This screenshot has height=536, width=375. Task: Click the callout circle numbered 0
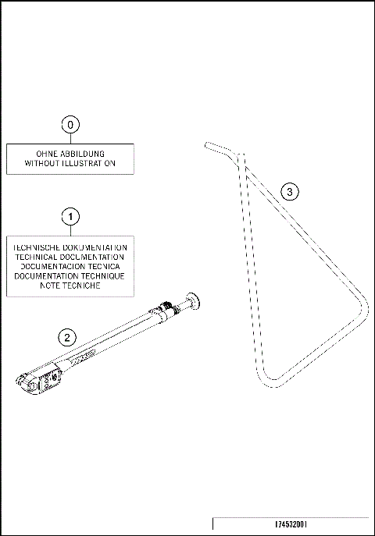pos(71,124)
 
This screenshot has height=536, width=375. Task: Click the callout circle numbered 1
pos(71,215)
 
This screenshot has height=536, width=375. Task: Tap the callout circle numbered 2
pos(68,337)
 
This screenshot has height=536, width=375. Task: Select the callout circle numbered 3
pos(289,191)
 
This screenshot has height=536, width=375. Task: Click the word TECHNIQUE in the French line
pos(101,276)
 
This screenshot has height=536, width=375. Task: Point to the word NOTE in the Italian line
pos(52,286)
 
